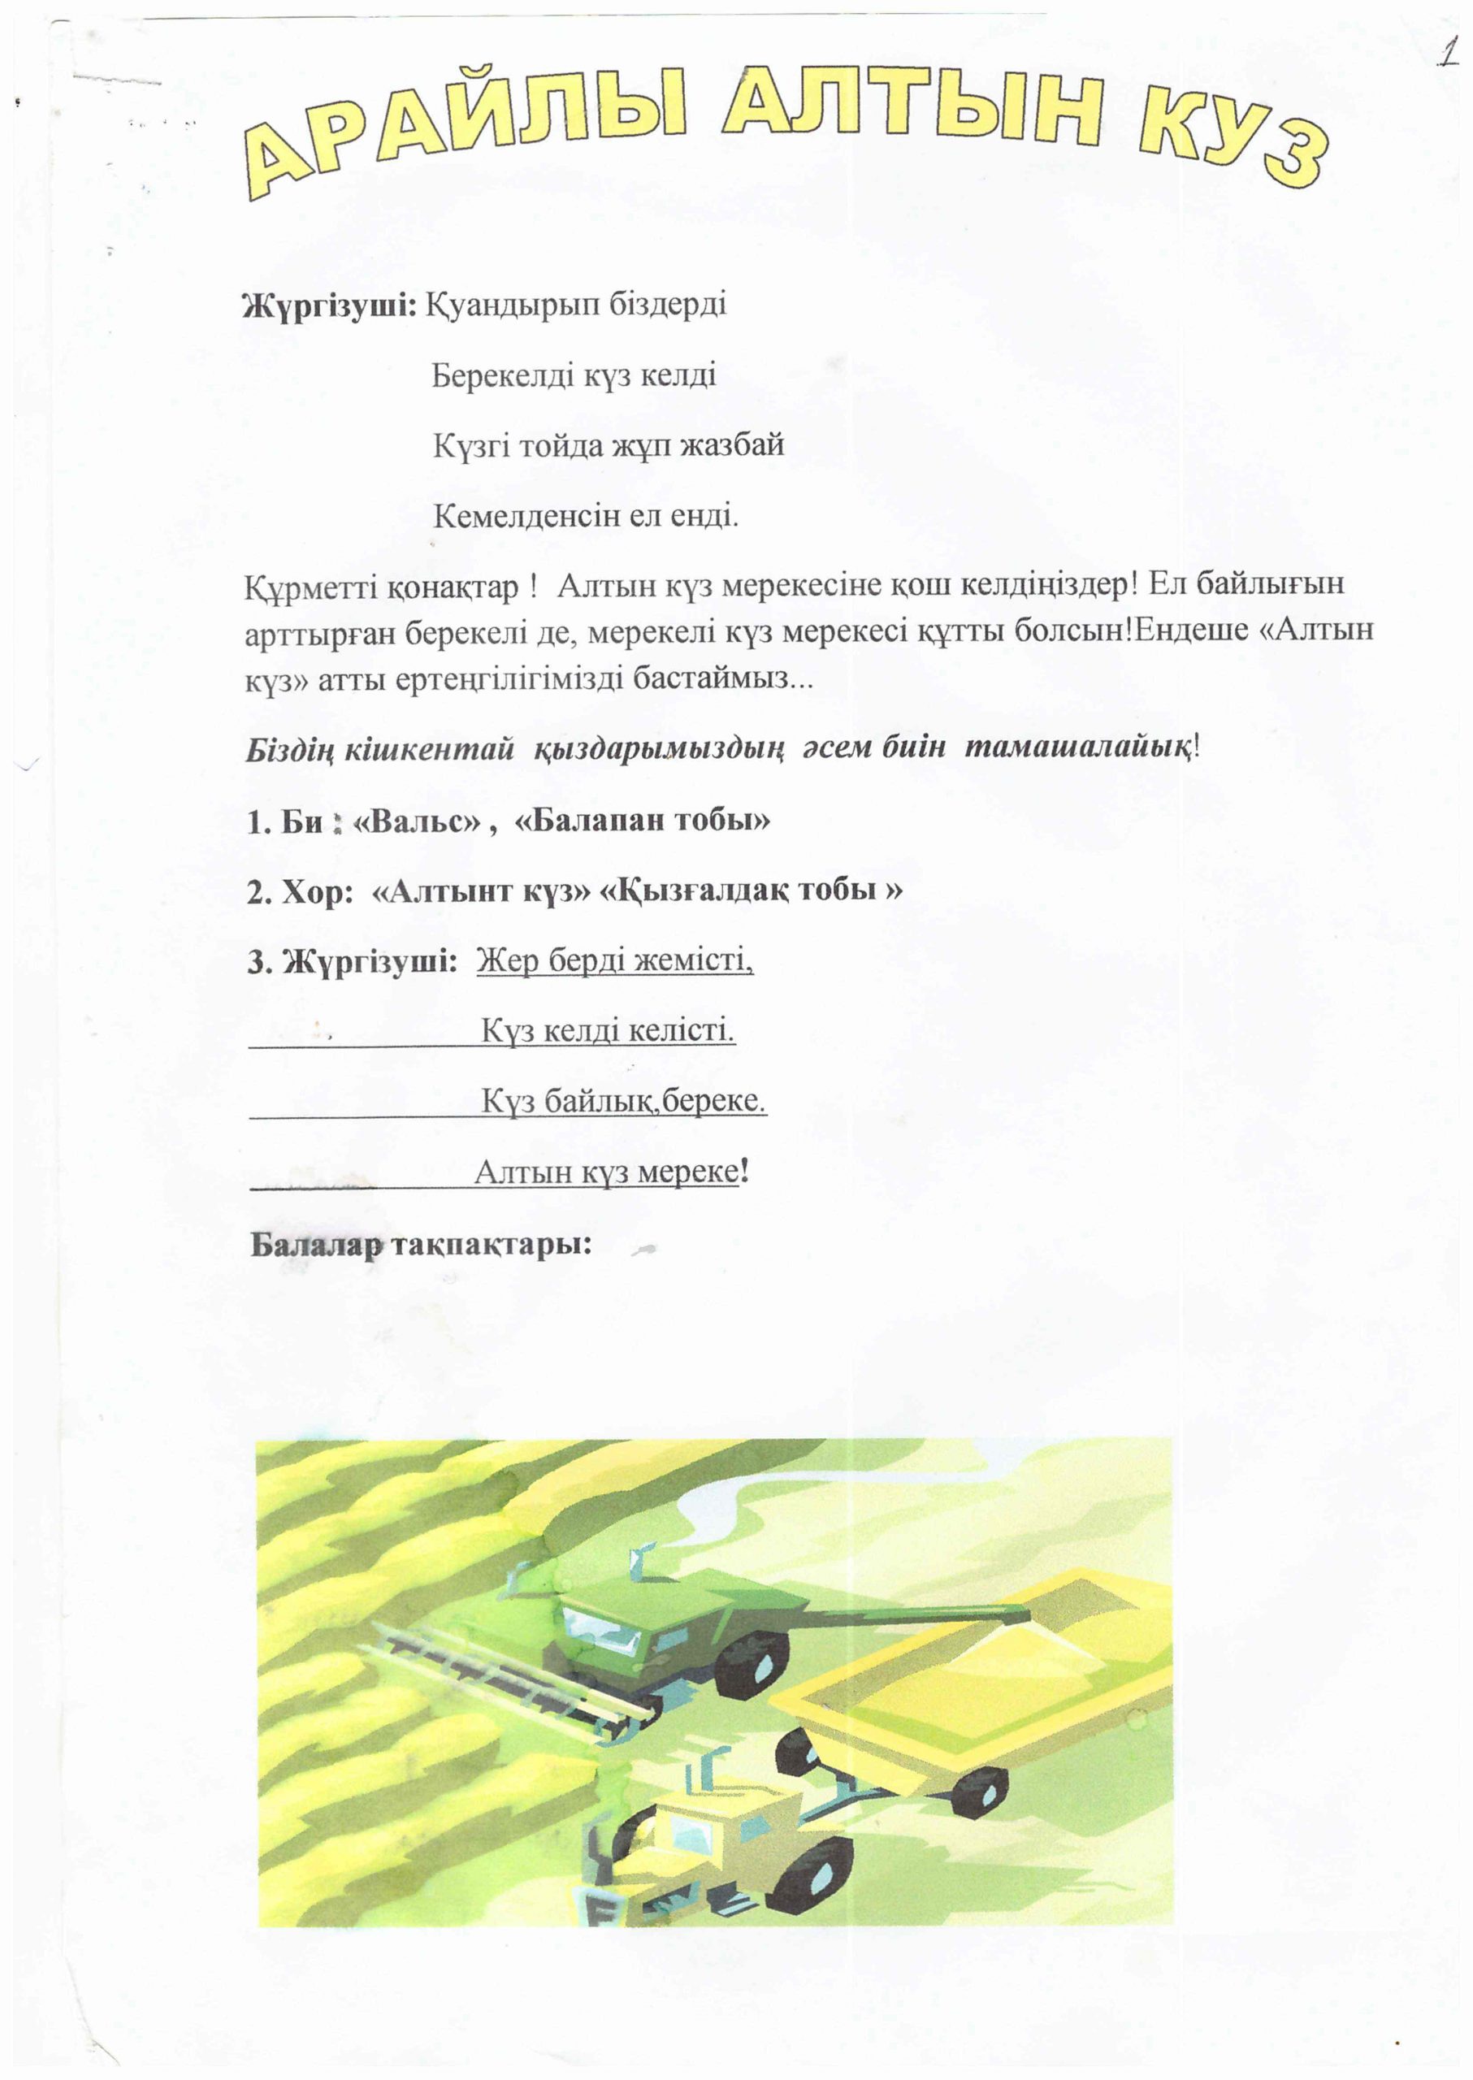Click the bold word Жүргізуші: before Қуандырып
pos(328,305)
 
